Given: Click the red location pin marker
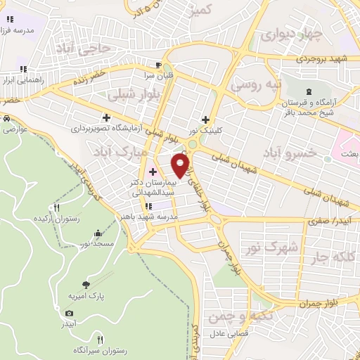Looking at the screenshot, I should [x=181, y=165].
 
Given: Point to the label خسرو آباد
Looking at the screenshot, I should [x=289, y=153].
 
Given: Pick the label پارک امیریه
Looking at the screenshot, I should [x=86, y=297].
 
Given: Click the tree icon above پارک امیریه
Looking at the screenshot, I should [x=86, y=285].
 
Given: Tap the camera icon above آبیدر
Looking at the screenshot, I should [x=69, y=314].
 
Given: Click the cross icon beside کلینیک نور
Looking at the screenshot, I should [x=205, y=119].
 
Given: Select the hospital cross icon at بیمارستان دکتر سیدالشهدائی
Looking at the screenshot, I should [x=153, y=172].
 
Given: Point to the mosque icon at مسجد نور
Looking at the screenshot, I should [x=97, y=233].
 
